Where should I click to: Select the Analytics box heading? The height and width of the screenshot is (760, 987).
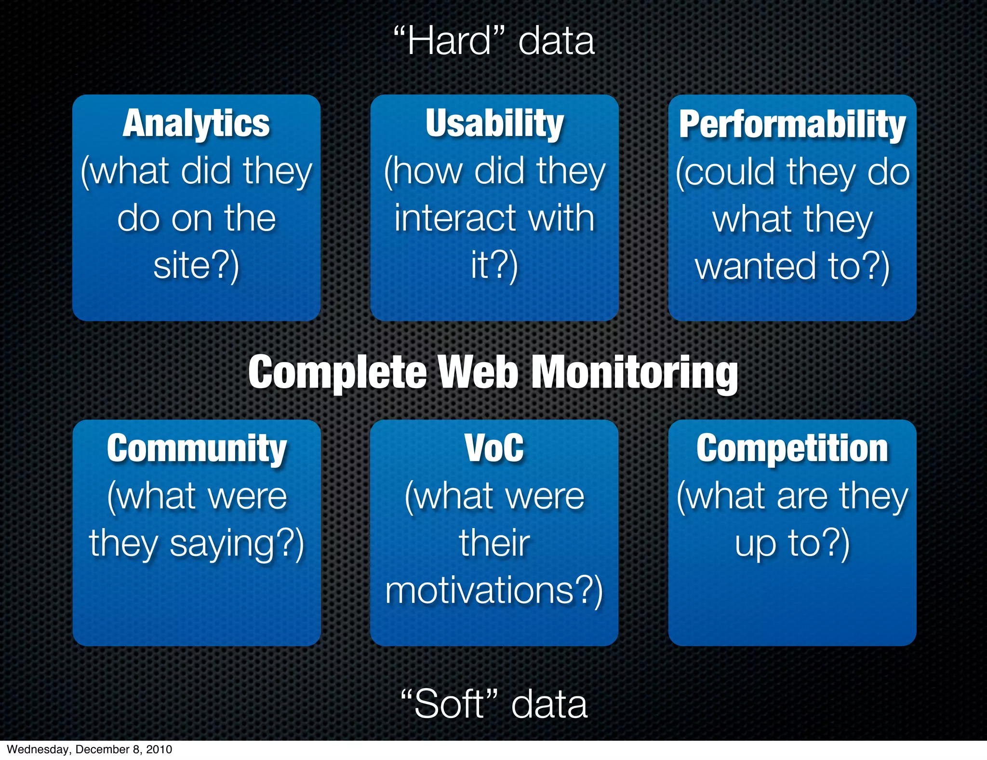(x=196, y=124)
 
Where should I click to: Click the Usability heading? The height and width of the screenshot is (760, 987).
(x=494, y=124)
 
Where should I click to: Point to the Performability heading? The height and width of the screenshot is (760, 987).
(x=792, y=125)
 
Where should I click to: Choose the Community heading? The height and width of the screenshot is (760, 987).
(x=197, y=449)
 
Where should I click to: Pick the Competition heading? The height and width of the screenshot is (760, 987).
(x=792, y=449)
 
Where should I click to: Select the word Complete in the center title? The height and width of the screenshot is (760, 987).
(x=337, y=373)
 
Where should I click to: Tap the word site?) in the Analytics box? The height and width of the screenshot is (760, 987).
(x=196, y=266)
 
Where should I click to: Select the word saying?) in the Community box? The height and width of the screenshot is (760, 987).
(x=237, y=544)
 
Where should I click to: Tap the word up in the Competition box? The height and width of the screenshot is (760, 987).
(x=755, y=544)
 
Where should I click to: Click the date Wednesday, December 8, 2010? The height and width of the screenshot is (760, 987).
(x=90, y=749)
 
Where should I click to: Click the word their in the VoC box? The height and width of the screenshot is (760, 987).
(x=494, y=543)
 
